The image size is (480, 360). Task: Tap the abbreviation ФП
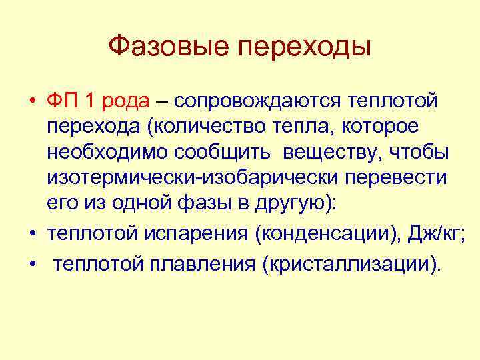63,101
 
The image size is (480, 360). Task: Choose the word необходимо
107,152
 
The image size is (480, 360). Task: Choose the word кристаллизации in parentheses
351,265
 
